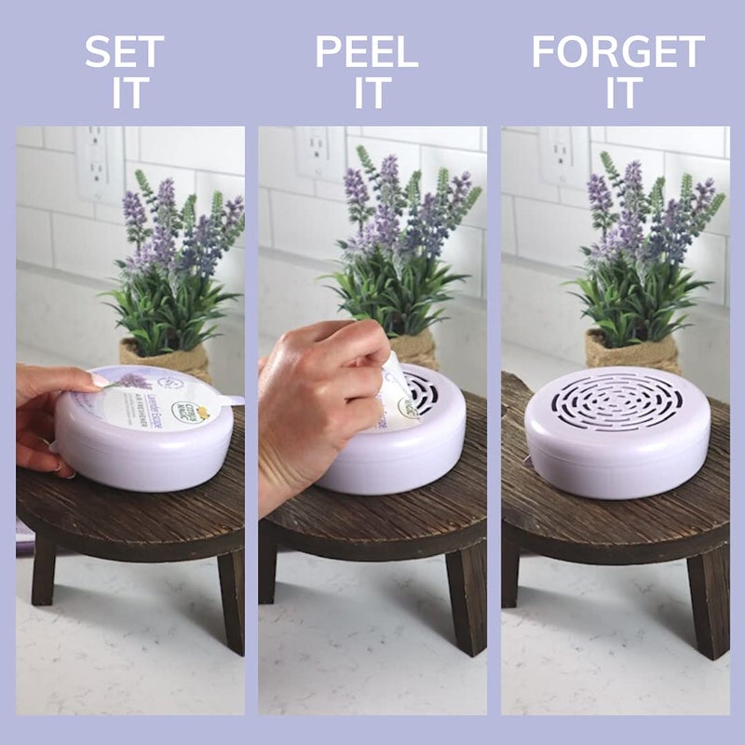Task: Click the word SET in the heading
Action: (x=125, y=52)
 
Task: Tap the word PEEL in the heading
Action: (x=367, y=52)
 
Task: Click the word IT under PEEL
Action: (x=369, y=94)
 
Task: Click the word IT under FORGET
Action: (x=620, y=94)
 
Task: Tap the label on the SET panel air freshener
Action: (x=158, y=400)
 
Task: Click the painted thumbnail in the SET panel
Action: (x=99, y=380)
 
